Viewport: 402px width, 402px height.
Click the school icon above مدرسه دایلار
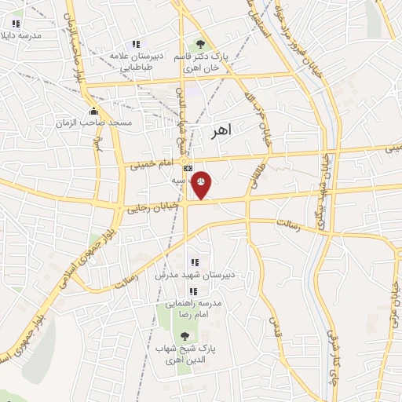pyautogui.click(x=16, y=24)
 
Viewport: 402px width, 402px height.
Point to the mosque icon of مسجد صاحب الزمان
pyautogui.click(x=93, y=111)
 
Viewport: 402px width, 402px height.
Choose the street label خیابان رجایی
pyautogui.click(x=153, y=206)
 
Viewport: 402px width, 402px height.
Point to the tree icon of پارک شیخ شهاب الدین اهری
pyautogui.click(x=185, y=336)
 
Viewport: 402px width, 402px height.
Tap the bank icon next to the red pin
pyautogui.click(x=188, y=168)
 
